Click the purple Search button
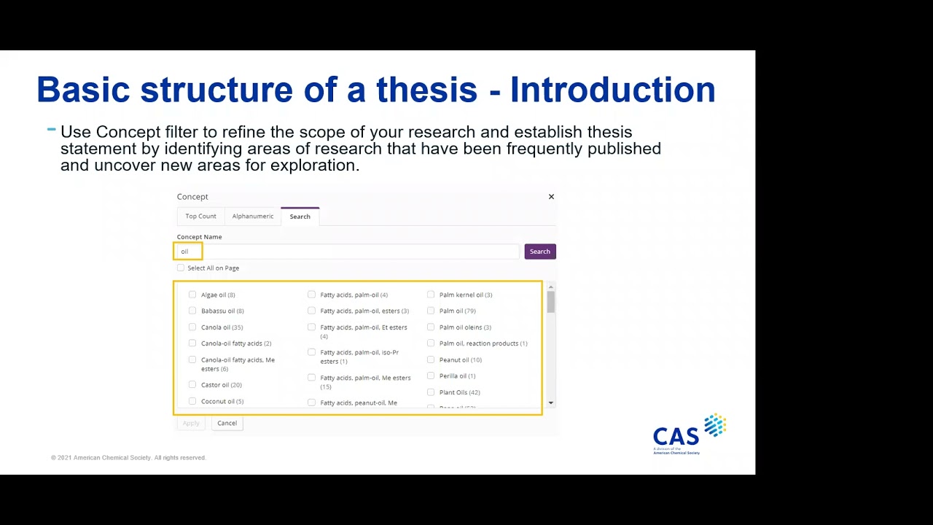click(x=539, y=252)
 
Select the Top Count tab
click(x=200, y=217)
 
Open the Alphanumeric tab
click(x=253, y=217)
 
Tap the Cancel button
click(x=227, y=423)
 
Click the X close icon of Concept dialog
click(x=551, y=197)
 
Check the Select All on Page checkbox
click(x=181, y=268)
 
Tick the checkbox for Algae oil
click(x=192, y=295)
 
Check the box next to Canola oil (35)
click(x=192, y=327)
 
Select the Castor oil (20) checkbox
click(x=192, y=385)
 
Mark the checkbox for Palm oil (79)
click(x=431, y=311)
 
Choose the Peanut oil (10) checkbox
click(x=431, y=359)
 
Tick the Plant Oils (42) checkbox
click(x=431, y=392)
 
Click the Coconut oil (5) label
click(x=222, y=402)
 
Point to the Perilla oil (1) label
click(x=457, y=376)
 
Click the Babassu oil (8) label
click(x=222, y=311)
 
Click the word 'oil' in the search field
click(x=184, y=252)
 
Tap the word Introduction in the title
click(x=612, y=90)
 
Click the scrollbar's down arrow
click(x=551, y=402)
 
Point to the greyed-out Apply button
click(x=191, y=423)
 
